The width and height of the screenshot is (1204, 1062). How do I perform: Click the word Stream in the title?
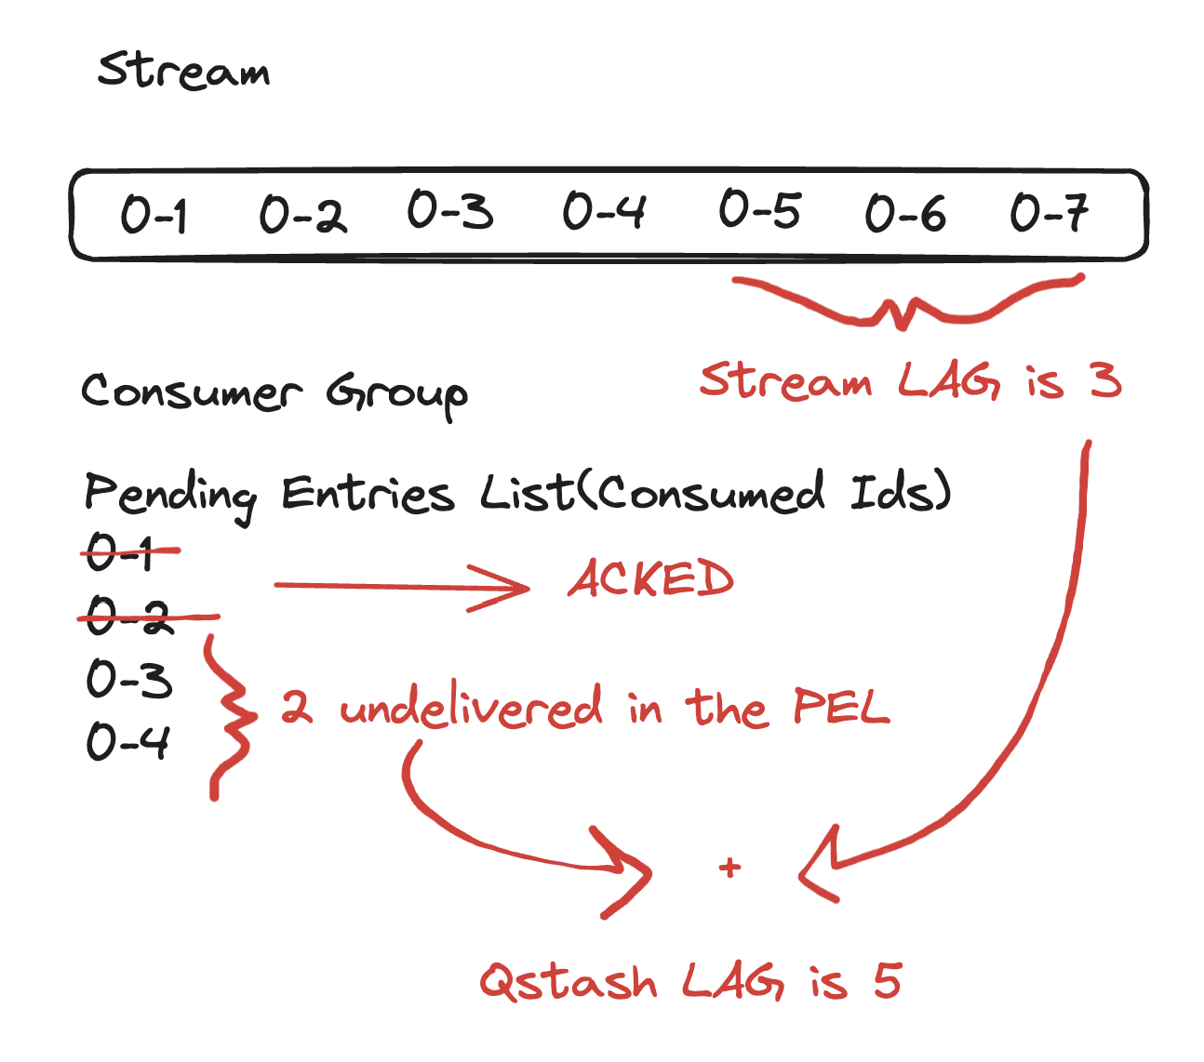pos(184,70)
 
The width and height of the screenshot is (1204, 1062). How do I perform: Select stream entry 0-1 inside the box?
pos(154,215)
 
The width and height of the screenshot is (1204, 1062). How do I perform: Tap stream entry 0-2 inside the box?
pos(302,215)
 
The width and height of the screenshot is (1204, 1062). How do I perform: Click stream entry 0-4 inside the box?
pos(604,211)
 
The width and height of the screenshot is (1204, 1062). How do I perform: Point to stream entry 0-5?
pos(759,209)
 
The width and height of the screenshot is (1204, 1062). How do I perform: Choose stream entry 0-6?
pos(905,214)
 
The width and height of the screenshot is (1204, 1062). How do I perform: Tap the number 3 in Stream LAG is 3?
pos(1105,381)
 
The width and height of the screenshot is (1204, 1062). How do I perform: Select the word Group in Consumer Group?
pos(397,394)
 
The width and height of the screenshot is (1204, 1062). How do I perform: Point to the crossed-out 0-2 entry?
pos(130,617)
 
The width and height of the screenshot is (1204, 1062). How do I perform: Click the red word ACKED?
pos(651,580)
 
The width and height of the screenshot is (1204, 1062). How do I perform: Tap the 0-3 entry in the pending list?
pos(129,679)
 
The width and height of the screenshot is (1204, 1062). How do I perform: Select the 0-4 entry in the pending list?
pos(128,742)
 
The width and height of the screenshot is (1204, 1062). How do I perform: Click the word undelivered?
pos(471,709)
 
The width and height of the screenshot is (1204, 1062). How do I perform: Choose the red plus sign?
pos(730,868)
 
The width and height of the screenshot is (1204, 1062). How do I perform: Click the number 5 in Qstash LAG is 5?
pos(887,981)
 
